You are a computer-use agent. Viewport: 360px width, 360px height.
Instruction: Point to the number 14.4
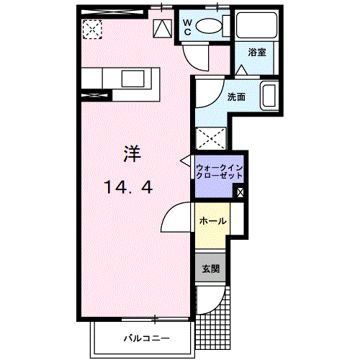(128, 188)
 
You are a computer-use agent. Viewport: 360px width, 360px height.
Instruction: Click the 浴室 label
(257, 53)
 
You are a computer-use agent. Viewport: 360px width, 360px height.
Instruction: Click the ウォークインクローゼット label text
(220, 173)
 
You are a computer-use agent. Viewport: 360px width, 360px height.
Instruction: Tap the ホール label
(212, 221)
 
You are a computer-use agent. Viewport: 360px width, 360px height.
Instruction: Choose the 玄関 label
(210, 269)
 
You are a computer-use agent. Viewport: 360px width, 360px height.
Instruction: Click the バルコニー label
(146, 338)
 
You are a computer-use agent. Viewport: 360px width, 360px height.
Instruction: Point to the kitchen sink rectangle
(132, 78)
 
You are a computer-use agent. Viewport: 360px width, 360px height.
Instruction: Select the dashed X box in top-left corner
(91, 30)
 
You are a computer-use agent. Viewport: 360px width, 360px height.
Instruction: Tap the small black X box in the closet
(240, 192)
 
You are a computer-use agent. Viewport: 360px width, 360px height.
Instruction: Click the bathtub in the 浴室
(256, 27)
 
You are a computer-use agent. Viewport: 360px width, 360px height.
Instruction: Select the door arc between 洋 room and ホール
(177, 218)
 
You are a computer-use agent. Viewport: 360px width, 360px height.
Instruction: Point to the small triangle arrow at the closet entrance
(186, 161)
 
